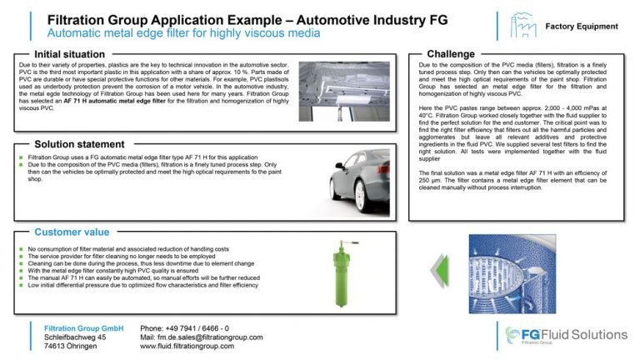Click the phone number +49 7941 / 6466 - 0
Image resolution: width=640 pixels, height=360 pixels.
185,328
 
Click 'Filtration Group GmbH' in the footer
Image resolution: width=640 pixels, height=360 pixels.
83,328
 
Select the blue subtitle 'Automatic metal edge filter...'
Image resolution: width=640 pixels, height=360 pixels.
183,32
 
